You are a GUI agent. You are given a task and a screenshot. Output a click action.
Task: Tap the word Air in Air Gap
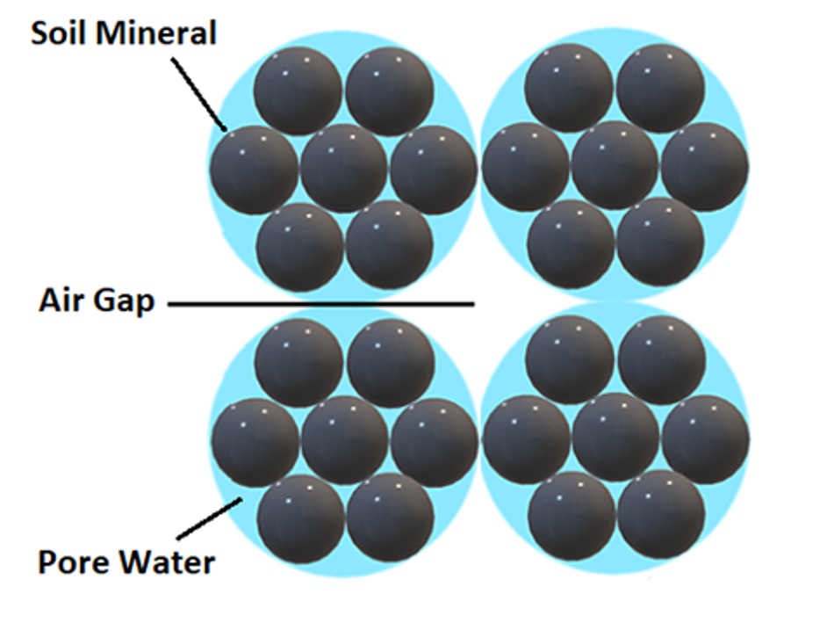61,301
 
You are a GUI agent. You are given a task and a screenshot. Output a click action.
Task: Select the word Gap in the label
123,302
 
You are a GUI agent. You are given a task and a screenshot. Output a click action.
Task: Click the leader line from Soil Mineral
199,94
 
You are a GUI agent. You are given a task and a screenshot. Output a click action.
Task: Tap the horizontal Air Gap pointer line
320,304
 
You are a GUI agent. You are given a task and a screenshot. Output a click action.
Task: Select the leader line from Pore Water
210,518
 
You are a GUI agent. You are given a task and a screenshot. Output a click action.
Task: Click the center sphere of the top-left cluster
344,169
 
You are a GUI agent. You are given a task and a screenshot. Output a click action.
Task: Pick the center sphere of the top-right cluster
615,165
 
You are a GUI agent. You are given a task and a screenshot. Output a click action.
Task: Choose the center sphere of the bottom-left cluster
345,440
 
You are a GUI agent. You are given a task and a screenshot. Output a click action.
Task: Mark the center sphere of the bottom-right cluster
615,438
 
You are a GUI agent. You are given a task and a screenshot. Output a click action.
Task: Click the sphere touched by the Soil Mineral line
254,170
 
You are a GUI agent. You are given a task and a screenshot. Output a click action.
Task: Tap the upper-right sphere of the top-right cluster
661,89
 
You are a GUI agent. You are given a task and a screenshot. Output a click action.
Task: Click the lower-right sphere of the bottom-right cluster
662,514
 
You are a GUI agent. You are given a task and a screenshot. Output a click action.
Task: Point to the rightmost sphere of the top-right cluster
705,166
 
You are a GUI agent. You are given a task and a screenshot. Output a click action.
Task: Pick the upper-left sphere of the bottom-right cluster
569,359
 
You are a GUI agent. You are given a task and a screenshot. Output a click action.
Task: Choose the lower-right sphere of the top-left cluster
390,245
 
